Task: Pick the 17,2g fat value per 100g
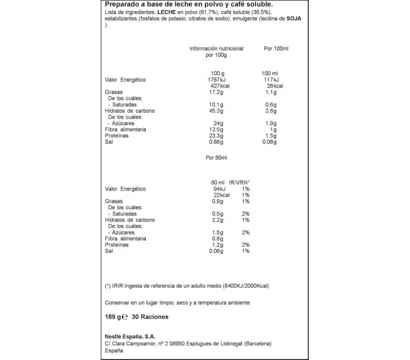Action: [217, 92]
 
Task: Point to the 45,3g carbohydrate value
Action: [217, 110]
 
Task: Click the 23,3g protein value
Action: [217, 135]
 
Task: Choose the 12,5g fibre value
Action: [217, 129]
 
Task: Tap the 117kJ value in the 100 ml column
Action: [271, 80]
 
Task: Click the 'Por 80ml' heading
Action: [216, 158]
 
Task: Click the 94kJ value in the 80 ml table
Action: [219, 189]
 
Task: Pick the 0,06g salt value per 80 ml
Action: [218, 250]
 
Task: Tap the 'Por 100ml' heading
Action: [276, 49]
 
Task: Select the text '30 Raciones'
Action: [151, 317]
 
